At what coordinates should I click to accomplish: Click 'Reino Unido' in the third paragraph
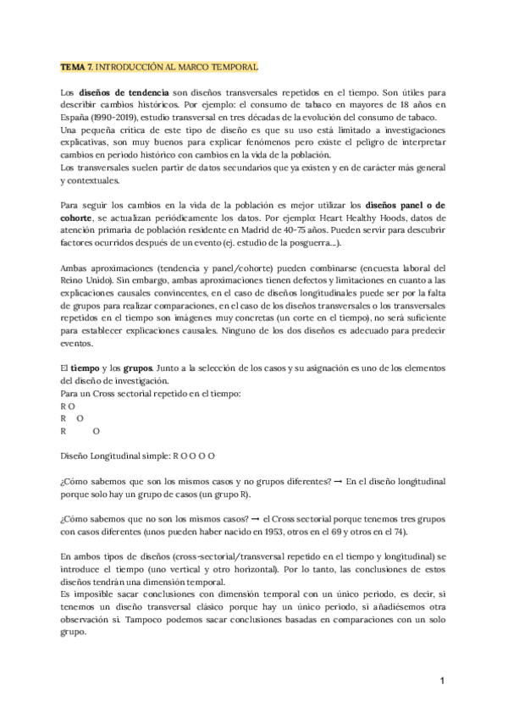coord(86,281)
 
